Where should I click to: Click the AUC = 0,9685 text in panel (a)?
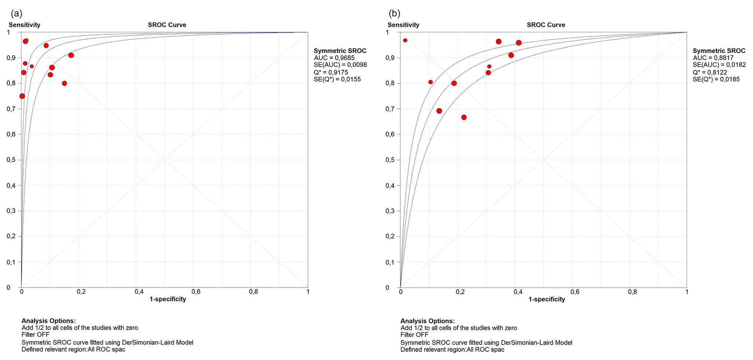(x=334, y=58)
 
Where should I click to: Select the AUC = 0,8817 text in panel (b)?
(x=713, y=58)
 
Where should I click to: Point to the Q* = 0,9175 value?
(x=331, y=72)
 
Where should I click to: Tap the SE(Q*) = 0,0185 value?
(x=716, y=79)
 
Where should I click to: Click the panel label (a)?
(x=17, y=14)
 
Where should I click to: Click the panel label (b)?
(x=395, y=14)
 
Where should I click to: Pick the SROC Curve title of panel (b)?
(x=546, y=25)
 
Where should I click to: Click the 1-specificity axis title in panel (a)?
(x=168, y=299)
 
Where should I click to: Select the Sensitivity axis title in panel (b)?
(x=403, y=25)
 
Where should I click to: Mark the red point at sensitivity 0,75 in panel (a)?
(x=22, y=96)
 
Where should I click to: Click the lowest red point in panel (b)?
(x=464, y=117)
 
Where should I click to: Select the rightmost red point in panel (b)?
(x=519, y=43)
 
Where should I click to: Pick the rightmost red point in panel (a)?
(x=71, y=55)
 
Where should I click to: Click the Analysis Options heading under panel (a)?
(x=48, y=321)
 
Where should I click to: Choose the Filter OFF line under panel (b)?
(x=414, y=335)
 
